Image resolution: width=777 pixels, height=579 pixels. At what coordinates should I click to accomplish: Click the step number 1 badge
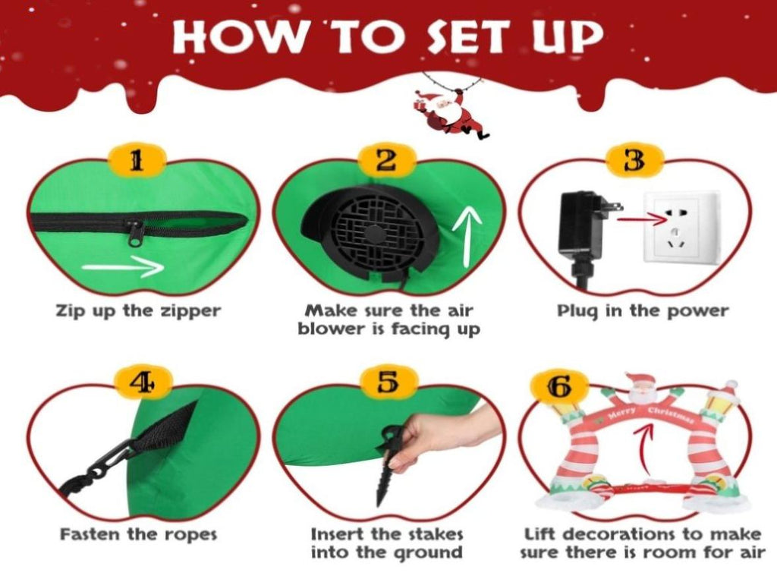pos(137,161)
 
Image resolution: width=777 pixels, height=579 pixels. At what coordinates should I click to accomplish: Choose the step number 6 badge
pos(559,387)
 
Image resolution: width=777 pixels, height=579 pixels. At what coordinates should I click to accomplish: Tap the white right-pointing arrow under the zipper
pos(123,268)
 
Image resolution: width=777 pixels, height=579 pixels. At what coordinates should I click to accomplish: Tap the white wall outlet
pos(680,228)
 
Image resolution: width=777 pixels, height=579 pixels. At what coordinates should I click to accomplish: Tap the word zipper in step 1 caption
pos(190,312)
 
